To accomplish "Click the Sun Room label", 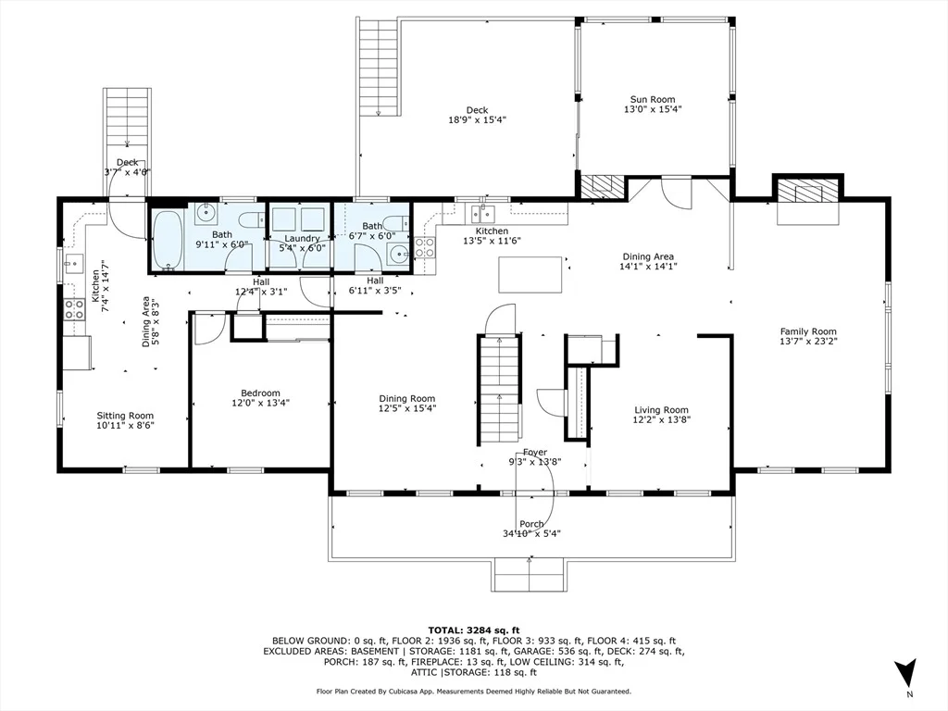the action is coord(653,99).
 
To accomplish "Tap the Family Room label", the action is coord(807,331).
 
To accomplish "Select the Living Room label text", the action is coord(661,410).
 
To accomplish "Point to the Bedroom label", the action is coord(260,393).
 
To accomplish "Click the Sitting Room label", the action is coord(125,416).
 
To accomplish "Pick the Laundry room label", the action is coord(302,239).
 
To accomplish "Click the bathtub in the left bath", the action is coord(167,241).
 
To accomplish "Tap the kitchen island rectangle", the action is coord(530,275).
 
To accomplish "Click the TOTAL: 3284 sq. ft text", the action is coord(473,630).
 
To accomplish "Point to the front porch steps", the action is coord(529,574).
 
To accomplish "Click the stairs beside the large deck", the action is coord(379,67).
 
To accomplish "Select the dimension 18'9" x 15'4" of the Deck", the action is coord(477,119).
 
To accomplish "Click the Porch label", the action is coord(531,524).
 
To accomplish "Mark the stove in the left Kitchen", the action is coord(74,309).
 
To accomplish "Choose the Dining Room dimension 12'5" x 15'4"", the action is coord(407,408).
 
